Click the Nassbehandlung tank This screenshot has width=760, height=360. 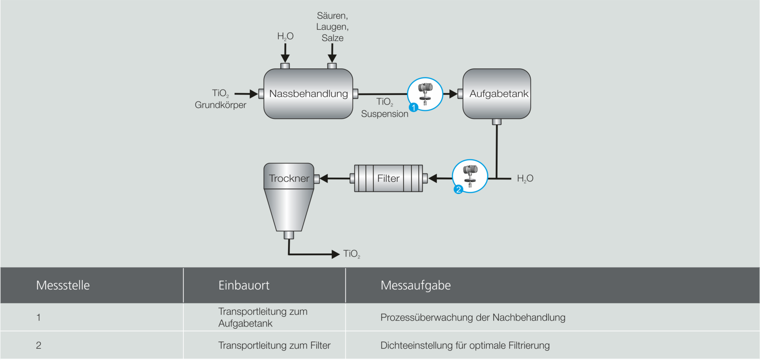308,94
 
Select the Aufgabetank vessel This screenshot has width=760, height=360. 497,94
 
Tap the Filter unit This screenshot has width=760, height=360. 388,178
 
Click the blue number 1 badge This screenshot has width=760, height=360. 413,108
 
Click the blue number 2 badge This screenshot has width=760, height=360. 459,190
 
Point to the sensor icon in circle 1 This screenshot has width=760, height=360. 426,93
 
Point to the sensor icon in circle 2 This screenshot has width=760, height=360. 470,175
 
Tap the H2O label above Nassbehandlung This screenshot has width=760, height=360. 285,37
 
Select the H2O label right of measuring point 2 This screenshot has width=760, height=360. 525,179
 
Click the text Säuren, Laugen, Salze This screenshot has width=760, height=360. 332,27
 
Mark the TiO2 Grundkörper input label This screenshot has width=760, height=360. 221,99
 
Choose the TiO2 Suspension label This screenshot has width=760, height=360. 384,108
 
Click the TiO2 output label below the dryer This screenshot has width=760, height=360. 352,254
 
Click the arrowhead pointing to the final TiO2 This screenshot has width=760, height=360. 336,254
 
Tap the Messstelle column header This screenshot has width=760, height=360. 63,285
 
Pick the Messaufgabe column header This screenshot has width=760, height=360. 415,285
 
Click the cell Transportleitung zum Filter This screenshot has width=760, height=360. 274,345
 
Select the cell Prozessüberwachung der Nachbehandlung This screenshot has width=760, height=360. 473,317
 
